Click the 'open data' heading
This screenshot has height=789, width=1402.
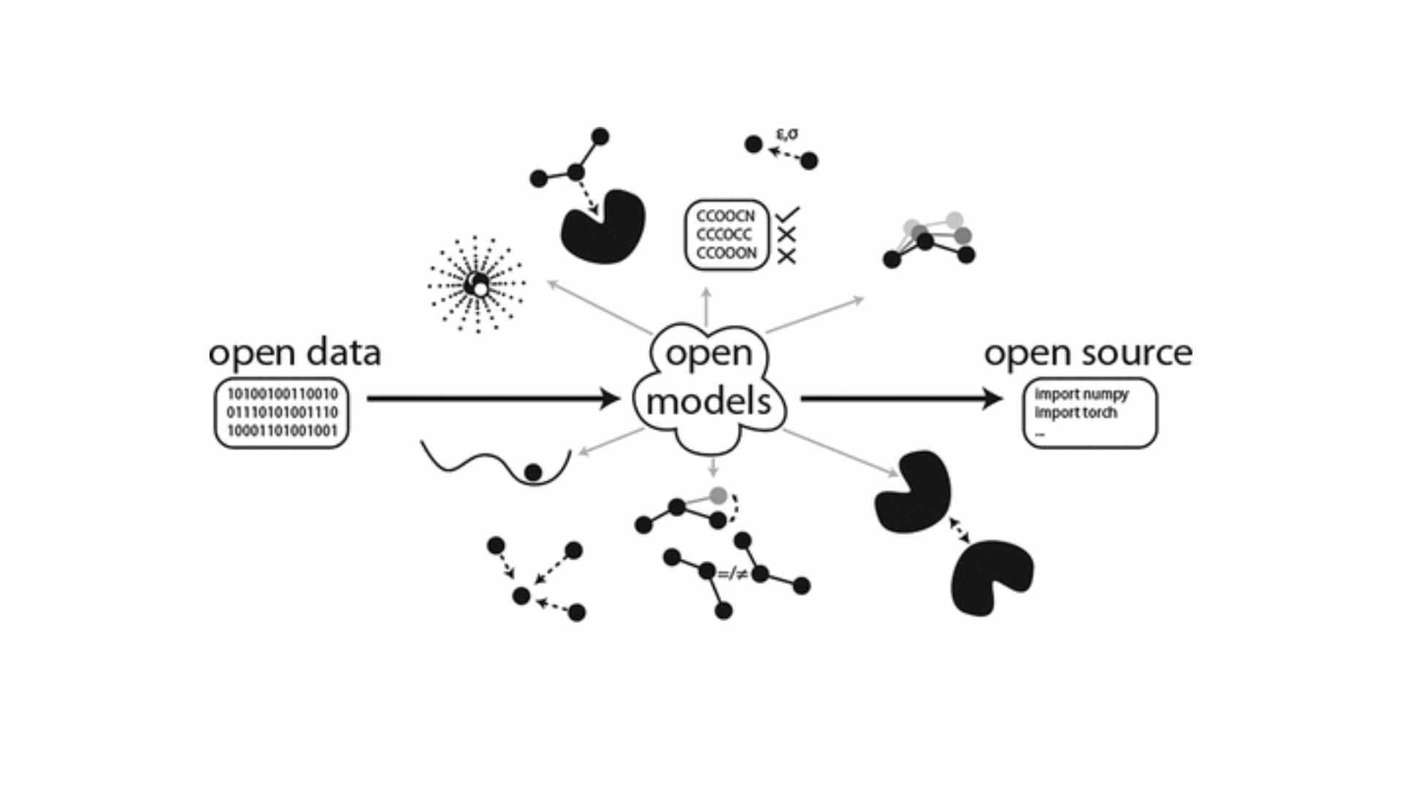[295, 354]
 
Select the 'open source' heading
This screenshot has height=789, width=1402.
[1088, 354]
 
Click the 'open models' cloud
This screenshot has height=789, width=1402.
[708, 380]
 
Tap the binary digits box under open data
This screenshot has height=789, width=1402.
[282, 413]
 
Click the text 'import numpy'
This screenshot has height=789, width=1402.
[1081, 394]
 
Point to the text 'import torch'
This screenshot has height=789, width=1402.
[1076, 413]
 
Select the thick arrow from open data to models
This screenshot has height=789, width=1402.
[493, 398]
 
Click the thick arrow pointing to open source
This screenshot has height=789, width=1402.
[902, 398]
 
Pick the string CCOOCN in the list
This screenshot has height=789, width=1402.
[725, 216]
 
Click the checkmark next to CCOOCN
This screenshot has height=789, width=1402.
[788, 214]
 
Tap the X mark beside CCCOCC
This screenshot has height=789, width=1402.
[786, 235]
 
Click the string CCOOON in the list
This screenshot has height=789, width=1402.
[727, 253]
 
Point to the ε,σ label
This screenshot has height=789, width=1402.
[786, 134]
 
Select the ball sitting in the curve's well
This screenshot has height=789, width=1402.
[533, 473]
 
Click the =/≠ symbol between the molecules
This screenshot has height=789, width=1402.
[732, 575]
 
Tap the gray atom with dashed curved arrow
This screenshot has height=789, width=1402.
[719, 496]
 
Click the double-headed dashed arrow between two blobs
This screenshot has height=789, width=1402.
[959, 530]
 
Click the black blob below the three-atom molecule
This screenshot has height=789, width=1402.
[603, 227]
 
